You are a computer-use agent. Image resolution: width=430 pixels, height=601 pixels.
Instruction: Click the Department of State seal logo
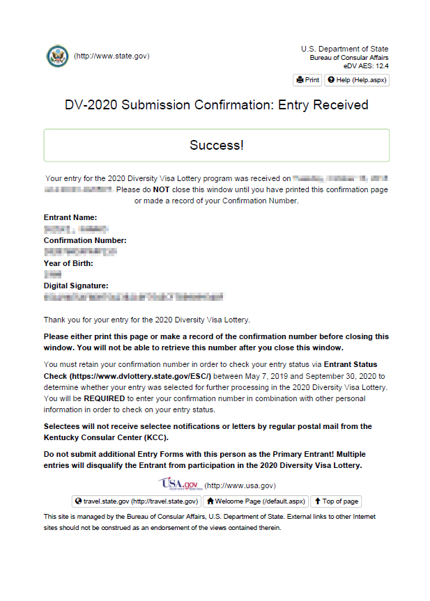57,56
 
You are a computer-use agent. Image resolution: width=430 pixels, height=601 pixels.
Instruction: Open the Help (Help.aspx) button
357,80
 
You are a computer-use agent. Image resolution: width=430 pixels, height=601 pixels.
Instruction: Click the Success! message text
216,146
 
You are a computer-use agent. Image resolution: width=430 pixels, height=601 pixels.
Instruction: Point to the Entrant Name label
70,218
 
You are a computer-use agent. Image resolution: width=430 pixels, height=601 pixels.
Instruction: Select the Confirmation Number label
85,240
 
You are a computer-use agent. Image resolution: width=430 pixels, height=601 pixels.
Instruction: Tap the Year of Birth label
68,263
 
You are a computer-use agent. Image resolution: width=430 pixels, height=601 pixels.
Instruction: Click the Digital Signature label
76,286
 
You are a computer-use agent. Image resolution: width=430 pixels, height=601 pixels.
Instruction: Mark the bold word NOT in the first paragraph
162,189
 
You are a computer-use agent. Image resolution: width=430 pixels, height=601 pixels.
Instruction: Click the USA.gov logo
179,484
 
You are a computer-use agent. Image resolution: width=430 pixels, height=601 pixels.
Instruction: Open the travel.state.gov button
137,501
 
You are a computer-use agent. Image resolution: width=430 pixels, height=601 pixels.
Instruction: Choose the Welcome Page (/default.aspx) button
256,501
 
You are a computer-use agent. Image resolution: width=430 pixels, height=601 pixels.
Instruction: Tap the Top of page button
336,501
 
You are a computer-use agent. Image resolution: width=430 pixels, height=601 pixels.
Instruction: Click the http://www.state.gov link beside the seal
112,56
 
